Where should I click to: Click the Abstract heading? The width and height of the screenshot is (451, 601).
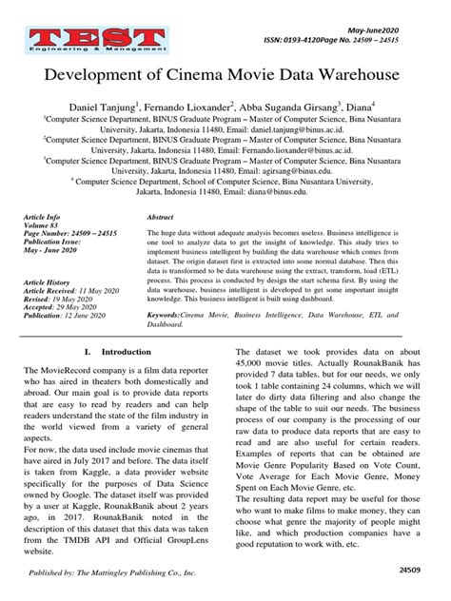pyautogui.click(x=162, y=217)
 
